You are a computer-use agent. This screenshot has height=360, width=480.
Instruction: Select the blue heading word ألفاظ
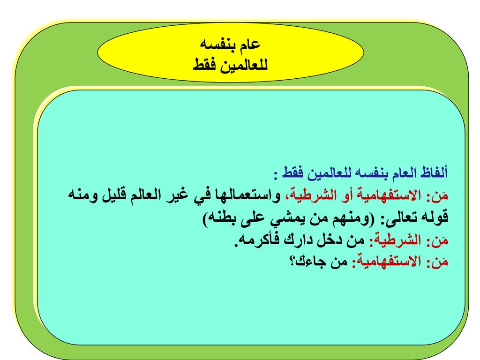coord(435,172)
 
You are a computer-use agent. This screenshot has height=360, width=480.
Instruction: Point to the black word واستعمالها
coord(249,195)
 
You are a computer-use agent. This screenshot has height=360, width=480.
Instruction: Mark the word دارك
coord(299,240)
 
